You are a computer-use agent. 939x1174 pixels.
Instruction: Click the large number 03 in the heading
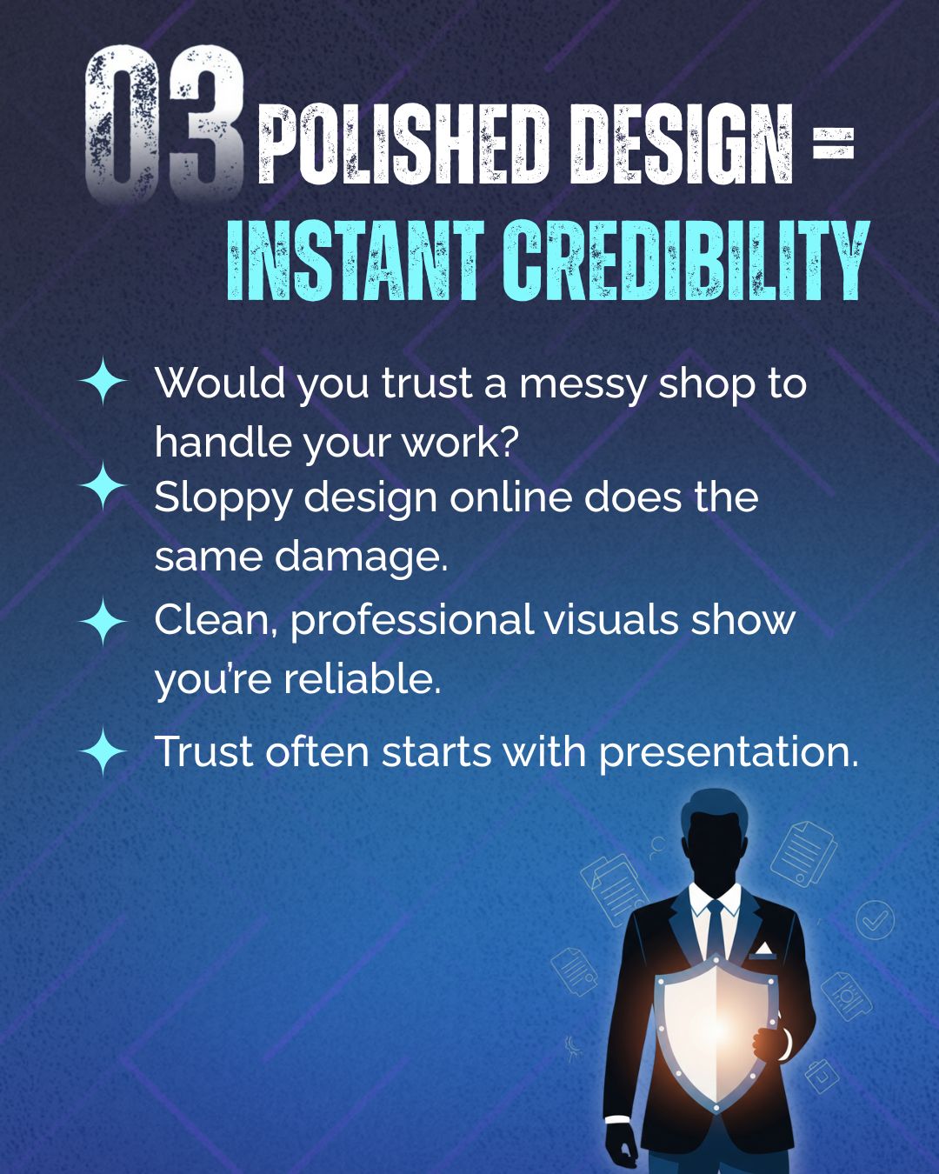pos(163,123)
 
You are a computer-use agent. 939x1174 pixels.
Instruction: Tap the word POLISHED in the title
pos(403,144)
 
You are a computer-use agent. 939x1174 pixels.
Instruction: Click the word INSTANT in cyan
pos(356,260)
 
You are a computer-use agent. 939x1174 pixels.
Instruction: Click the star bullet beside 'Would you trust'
pos(103,381)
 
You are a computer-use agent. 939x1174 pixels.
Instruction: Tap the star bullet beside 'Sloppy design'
pos(103,485)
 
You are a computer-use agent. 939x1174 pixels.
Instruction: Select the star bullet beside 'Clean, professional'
pos(103,622)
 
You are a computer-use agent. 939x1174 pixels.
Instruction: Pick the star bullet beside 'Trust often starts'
pos(103,751)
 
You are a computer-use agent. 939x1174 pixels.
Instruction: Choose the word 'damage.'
pos(360,558)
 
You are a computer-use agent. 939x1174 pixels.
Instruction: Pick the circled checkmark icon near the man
pos(875,920)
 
